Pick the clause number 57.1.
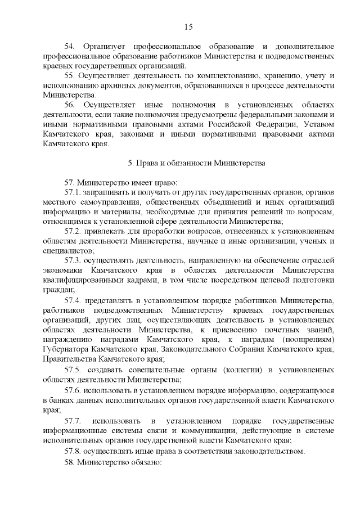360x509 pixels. click(x=74, y=192)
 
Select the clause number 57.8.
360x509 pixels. click(x=74, y=451)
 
